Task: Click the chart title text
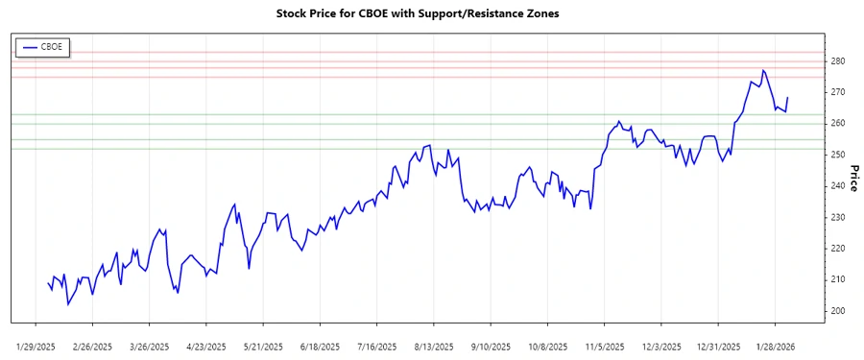pos(431,14)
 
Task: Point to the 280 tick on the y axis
pos(837,61)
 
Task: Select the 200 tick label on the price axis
pos(837,311)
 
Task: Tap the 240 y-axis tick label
pos(837,186)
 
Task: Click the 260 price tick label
pos(837,124)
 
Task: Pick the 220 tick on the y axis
pos(837,249)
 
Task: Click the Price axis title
pos(853,179)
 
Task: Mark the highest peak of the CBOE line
pos(763,70)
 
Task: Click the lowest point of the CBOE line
pos(68,304)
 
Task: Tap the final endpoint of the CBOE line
pos(788,97)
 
